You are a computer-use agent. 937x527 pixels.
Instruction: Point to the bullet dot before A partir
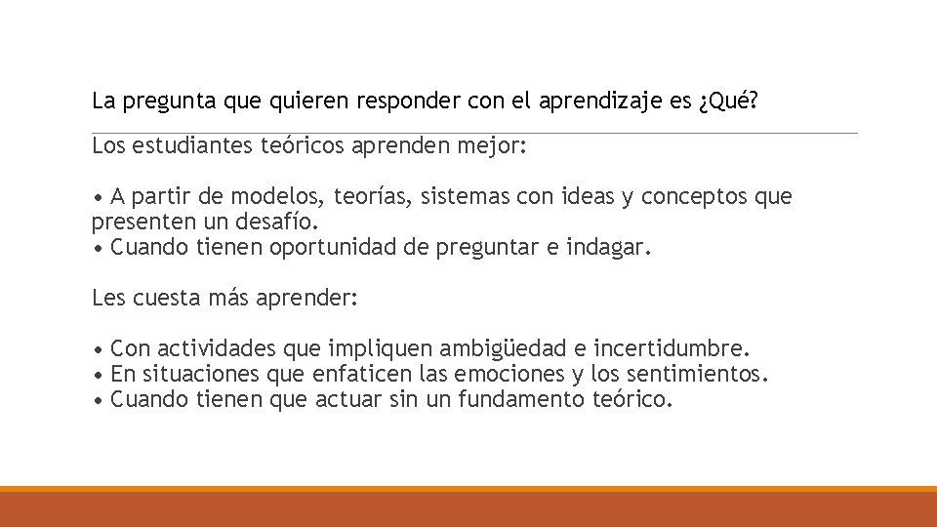tap(97, 198)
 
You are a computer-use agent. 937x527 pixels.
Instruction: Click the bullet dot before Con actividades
tap(97, 349)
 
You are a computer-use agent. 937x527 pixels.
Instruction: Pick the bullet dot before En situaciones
tap(97, 374)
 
